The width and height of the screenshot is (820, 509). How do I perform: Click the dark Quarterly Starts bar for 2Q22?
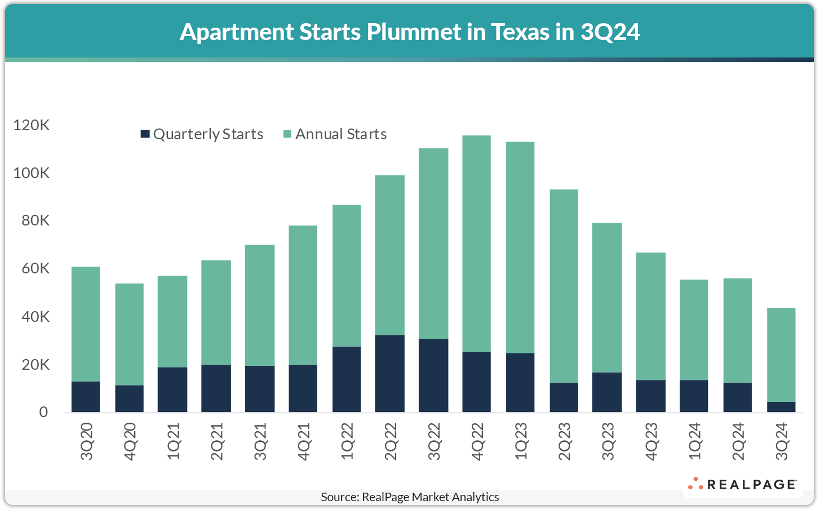(389, 373)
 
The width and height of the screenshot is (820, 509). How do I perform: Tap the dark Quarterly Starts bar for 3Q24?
(781, 407)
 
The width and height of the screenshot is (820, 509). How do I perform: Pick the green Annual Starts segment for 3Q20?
(86, 324)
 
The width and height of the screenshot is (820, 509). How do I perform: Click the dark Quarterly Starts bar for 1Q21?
(172, 390)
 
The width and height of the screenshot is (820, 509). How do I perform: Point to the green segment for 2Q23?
(564, 286)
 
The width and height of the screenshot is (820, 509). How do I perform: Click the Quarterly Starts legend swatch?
(145, 134)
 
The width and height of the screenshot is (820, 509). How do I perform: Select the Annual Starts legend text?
(341, 134)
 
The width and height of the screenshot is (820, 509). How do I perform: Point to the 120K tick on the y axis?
(32, 125)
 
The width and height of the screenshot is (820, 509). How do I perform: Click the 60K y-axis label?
(36, 269)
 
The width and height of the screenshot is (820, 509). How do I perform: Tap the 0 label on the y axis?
(43, 413)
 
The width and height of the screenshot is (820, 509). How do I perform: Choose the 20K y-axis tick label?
(36, 365)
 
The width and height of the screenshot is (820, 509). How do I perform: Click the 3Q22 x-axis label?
(434, 441)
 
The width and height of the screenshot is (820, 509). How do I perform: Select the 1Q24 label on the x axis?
(695, 441)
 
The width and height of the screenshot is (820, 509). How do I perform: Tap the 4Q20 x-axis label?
(130, 441)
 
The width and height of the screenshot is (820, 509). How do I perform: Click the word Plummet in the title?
(414, 32)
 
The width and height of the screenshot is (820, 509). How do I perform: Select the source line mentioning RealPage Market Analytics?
(410, 497)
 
